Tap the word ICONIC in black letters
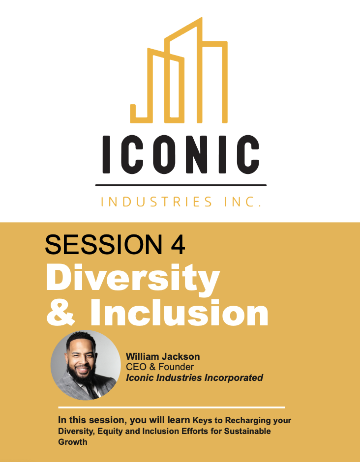coord(180,154)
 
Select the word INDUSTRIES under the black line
coord(156,202)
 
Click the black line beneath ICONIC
coord(180,185)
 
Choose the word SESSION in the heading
coord(103,245)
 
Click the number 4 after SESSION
coord(178,245)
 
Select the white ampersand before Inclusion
coord(60,312)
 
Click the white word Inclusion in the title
coord(179,312)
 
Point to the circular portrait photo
coord(86,365)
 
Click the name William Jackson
coord(163,356)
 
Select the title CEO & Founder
coord(160,367)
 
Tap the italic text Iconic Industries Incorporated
coord(194,378)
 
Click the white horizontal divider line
coord(172,407)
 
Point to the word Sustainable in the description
coord(247,431)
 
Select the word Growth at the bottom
coord(72,442)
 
